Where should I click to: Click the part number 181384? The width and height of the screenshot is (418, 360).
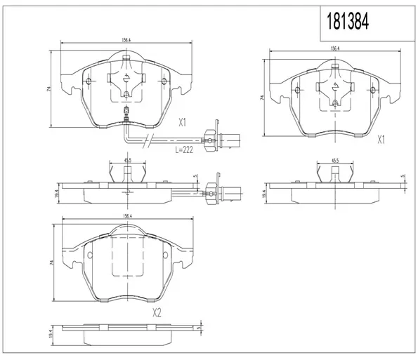(348, 21)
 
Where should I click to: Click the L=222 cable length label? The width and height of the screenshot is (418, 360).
(184, 150)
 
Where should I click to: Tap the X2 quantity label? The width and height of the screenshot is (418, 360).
(157, 313)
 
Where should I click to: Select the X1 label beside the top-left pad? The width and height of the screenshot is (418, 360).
(182, 123)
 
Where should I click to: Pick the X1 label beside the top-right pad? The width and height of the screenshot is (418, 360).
(381, 140)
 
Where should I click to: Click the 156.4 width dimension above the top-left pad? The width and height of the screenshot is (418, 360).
(126, 40)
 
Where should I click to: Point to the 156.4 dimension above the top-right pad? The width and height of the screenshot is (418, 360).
(335, 48)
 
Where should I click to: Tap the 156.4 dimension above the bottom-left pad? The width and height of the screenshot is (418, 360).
(127, 216)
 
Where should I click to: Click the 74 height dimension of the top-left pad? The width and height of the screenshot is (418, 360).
(48, 89)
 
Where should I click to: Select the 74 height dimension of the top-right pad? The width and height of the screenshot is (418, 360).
(262, 98)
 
